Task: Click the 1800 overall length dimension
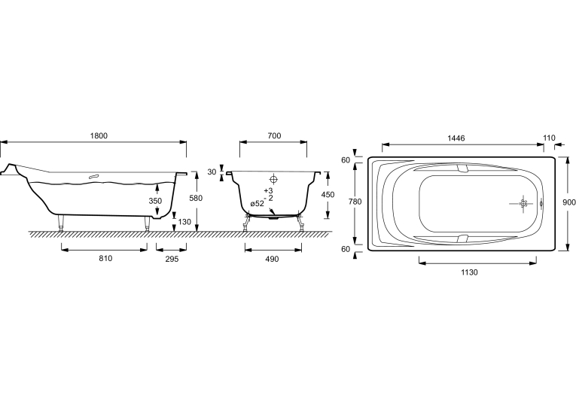(x=99, y=136)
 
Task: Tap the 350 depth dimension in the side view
(x=155, y=201)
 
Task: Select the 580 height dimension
(x=196, y=198)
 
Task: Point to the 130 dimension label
(x=184, y=222)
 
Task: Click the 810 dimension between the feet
(x=105, y=258)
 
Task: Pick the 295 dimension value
(x=172, y=259)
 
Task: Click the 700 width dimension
(x=274, y=136)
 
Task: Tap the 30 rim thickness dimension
(x=212, y=172)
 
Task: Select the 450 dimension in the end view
(x=328, y=195)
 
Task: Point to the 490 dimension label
(x=272, y=259)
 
